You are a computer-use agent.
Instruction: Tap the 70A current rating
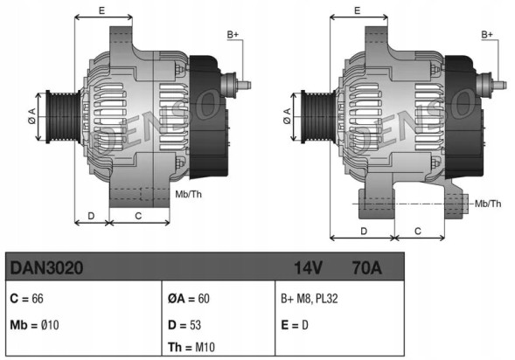pyautogui.click(x=365, y=268)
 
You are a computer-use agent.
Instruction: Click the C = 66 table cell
pyautogui.click(x=26, y=297)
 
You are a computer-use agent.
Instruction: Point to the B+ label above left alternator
pyautogui.click(x=233, y=34)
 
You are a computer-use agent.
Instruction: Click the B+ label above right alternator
pyautogui.click(x=487, y=34)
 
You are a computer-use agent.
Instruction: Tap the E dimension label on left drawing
pyautogui.click(x=102, y=10)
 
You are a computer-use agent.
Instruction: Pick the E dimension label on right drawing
pyautogui.click(x=358, y=10)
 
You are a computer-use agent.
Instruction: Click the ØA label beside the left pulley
pyautogui.click(x=31, y=116)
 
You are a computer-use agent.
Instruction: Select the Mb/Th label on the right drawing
pyautogui.click(x=487, y=204)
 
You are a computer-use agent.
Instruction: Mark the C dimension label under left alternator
pyautogui.click(x=138, y=214)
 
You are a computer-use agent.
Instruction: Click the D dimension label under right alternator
pyautogui.click(x=363, y=231)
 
